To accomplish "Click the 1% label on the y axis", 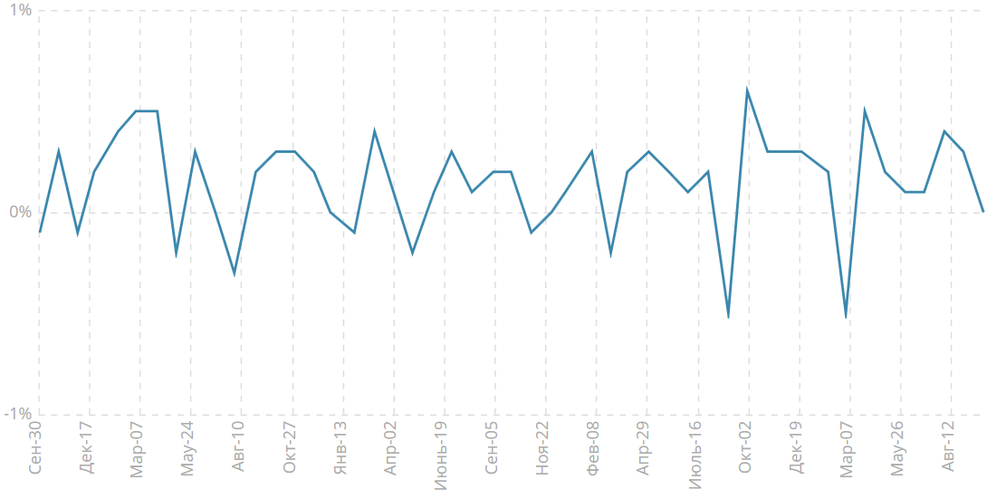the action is [19, 11].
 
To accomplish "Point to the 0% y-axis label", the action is [19, 212].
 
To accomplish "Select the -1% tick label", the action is [16, 414].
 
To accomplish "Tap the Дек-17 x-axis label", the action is [87, 447].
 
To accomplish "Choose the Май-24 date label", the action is [187, 449].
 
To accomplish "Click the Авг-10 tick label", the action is [238, 447].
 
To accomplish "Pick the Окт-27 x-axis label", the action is [290, 447].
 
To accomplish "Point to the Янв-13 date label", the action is [340, 447].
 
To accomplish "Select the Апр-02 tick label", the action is [391, 447].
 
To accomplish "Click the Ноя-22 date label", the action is [542, 447].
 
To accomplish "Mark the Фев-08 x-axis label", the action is [593, 447].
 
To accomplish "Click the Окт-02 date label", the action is [746, 447].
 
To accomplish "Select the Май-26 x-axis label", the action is [898, 449].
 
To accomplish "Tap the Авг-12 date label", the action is [949, 447].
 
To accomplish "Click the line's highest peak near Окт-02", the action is [747, 89].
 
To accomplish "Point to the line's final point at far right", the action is [982, 212].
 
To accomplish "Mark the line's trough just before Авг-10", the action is [235, 273].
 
